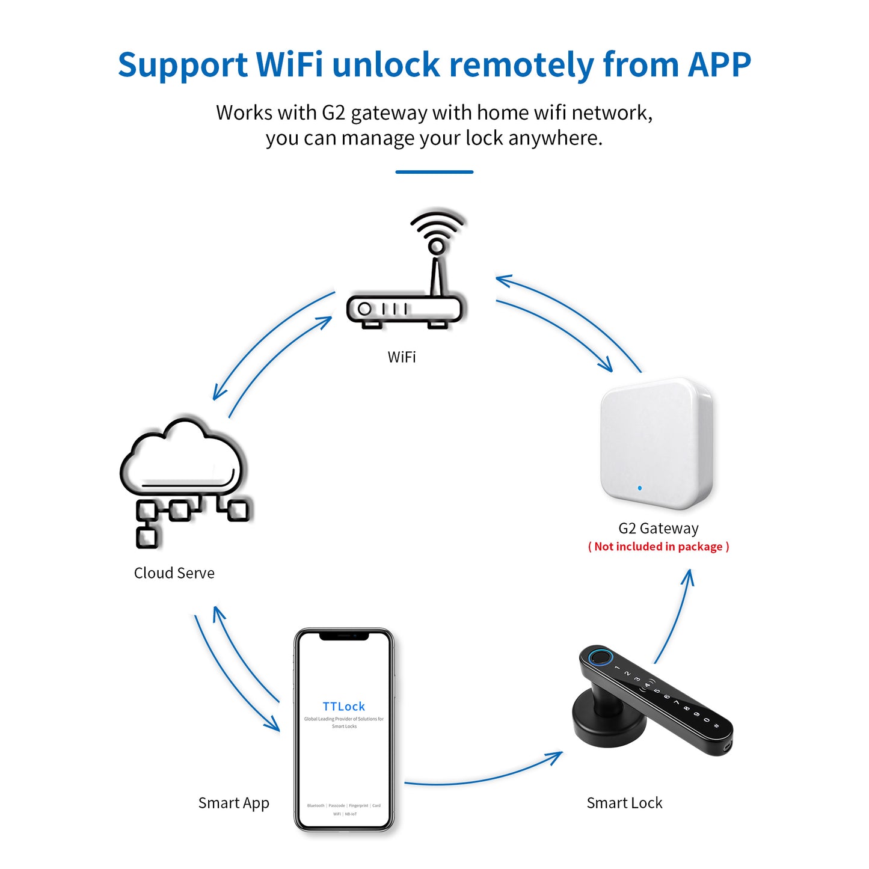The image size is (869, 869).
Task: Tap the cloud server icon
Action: click(x=182, y=475)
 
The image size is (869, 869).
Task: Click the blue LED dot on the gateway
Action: click(x=639, y=488)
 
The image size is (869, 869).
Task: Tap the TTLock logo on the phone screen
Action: click(x=344, y=707)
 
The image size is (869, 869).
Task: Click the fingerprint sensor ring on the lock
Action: click(x=599, y=657)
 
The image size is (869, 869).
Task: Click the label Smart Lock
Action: click(x=624, y=803)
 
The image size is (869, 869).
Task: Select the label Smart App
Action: click(x=234, y=803)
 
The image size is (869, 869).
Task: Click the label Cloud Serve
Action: click(x=174, y=573)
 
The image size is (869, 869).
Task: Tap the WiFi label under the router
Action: click(x=402, y=357)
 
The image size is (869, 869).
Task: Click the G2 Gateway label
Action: click(x=659, y=529)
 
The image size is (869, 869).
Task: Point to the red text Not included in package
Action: click(x=659, y=547)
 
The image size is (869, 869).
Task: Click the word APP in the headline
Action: click(x=719, y=65)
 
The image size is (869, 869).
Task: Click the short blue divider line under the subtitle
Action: click(x=434, y=172)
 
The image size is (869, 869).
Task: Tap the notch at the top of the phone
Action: click(x=344, y=635)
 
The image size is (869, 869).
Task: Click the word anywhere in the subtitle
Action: click(x=554, y=138)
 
